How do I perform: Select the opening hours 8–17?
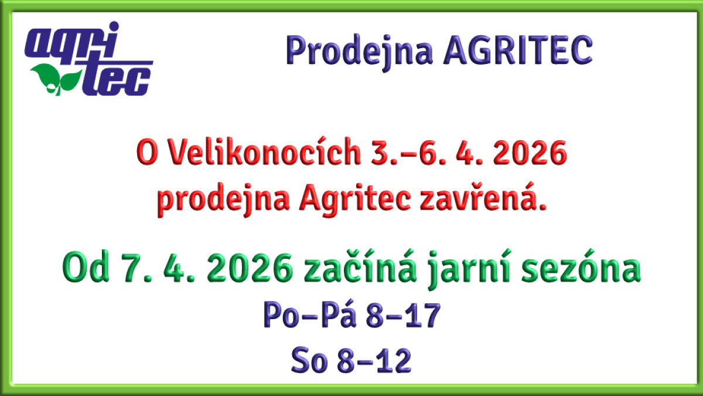click(x=402, y=317)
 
